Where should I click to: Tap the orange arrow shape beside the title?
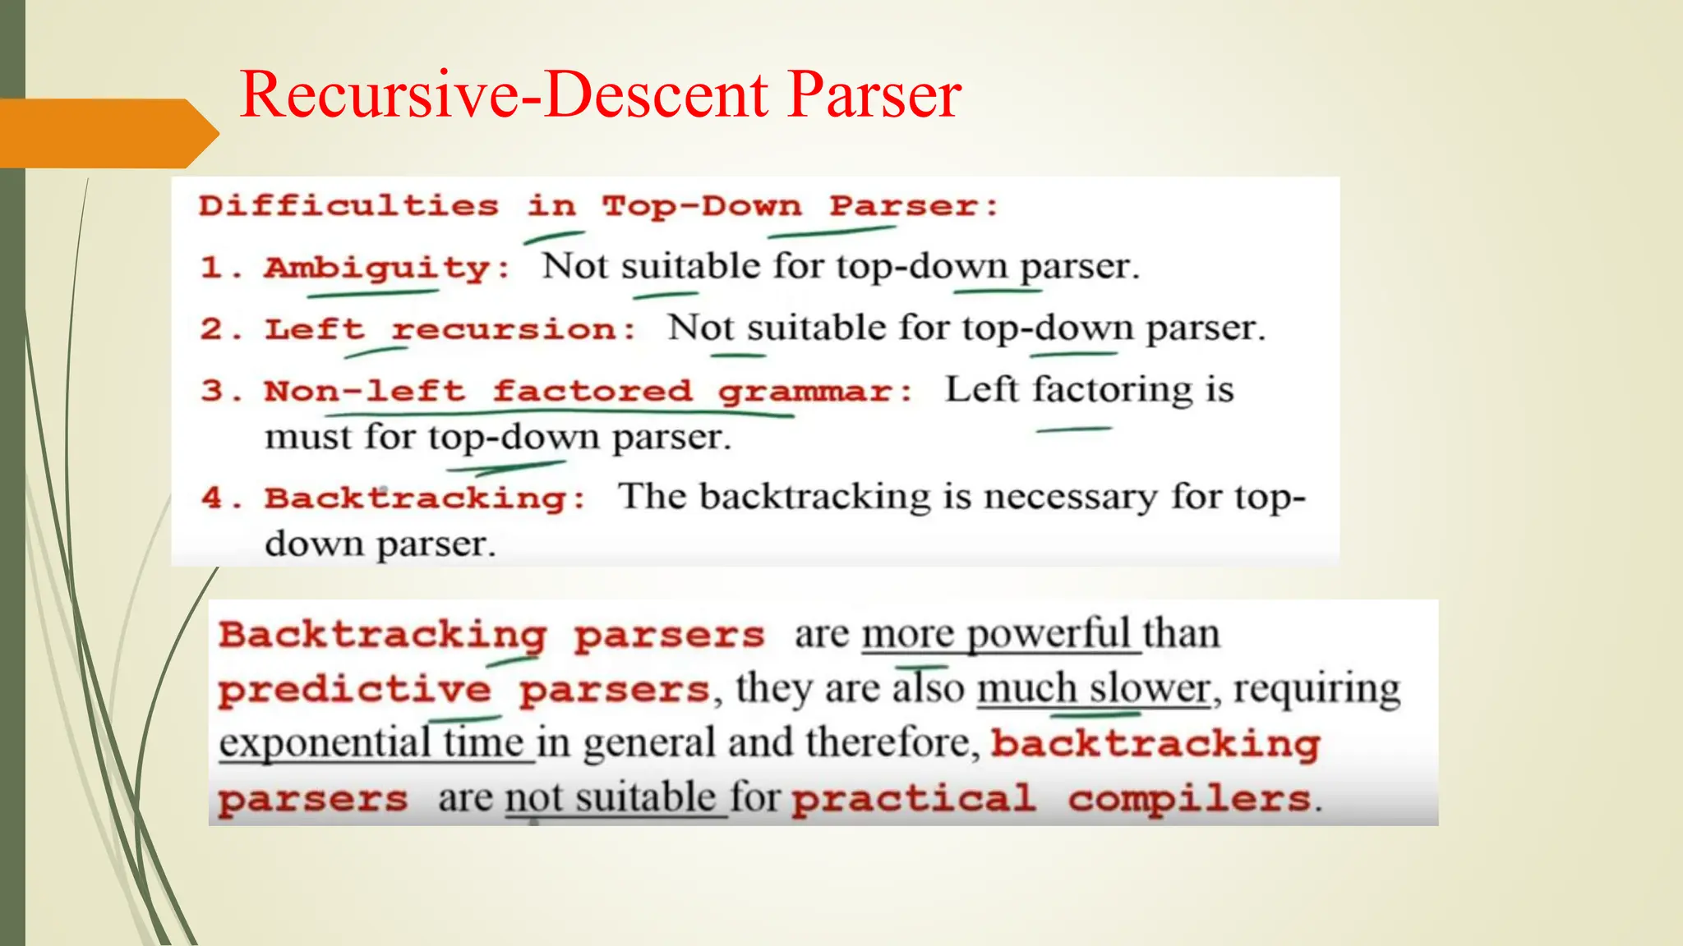(x=107, y=133)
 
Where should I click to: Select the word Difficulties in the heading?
(x=348, y=205)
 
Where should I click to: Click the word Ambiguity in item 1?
(x=377, y=268)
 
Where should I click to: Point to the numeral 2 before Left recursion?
(x=210, y=329)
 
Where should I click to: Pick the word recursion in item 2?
(x=504, y=329)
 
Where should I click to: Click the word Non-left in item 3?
(x=364, y=391)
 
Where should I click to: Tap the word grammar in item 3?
(x=805, y=392)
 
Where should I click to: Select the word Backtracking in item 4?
(x=415, y=498)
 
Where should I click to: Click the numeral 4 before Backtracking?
(x=212, y=498)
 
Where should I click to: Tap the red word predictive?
(x=354, y=690)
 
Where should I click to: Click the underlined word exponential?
(x=324, y=743)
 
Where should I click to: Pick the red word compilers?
(x=1189, y=799)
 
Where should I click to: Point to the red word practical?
(x=913, y=799)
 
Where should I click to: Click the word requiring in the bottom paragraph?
(x=1317, y=688)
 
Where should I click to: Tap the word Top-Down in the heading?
(x=701, y=205)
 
